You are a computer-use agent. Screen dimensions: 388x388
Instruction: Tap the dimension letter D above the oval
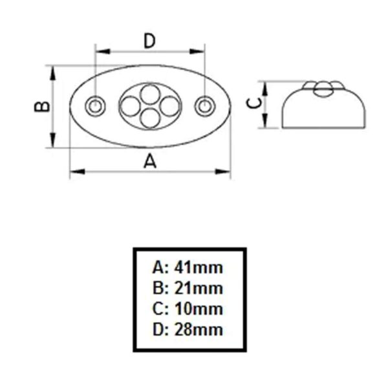[149, 41]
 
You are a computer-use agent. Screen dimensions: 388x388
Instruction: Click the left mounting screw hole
[96, 105]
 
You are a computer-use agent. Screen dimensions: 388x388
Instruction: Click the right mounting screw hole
[204, 105]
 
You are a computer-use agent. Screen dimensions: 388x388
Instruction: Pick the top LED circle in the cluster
[150, 91]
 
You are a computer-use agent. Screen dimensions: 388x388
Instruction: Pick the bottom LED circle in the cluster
[150, 117]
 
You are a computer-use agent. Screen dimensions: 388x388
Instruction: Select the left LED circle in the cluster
[131, 104]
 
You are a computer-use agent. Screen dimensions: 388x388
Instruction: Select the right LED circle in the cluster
[169, 104]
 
